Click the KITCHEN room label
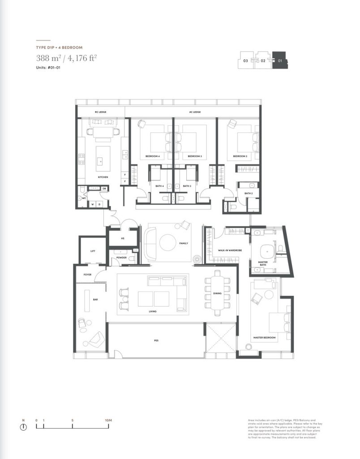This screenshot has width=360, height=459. click(x=103, y=177)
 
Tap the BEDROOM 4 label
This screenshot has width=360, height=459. click(x=152, y=156)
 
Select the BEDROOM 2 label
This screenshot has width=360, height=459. click(x=240, y=156)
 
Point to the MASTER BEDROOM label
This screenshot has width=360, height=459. click(x=264, y=337)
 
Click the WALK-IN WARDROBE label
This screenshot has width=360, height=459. click(x=227, y=250)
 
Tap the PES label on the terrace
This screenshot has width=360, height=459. click(x=156, y=341)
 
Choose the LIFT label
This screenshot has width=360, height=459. click(x=92, y=251)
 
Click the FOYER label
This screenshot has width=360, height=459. click(x=87, y=274)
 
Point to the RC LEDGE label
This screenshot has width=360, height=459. click(x=99, y=112)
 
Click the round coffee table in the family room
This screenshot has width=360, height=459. click(x=168, y=242)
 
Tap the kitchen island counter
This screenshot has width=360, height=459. click(x=103, y=155)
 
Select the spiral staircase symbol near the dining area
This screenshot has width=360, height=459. click(x=197, y=259)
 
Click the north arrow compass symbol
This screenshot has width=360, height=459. click(x=23, y=427)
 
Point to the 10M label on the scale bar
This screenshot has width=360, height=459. click(x=107, y=420)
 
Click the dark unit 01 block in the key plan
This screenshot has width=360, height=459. click(x=281, y=60)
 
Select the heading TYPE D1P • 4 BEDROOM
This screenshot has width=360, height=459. click(x=59, y=47)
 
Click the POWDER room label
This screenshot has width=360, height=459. click(x=121, y=258)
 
